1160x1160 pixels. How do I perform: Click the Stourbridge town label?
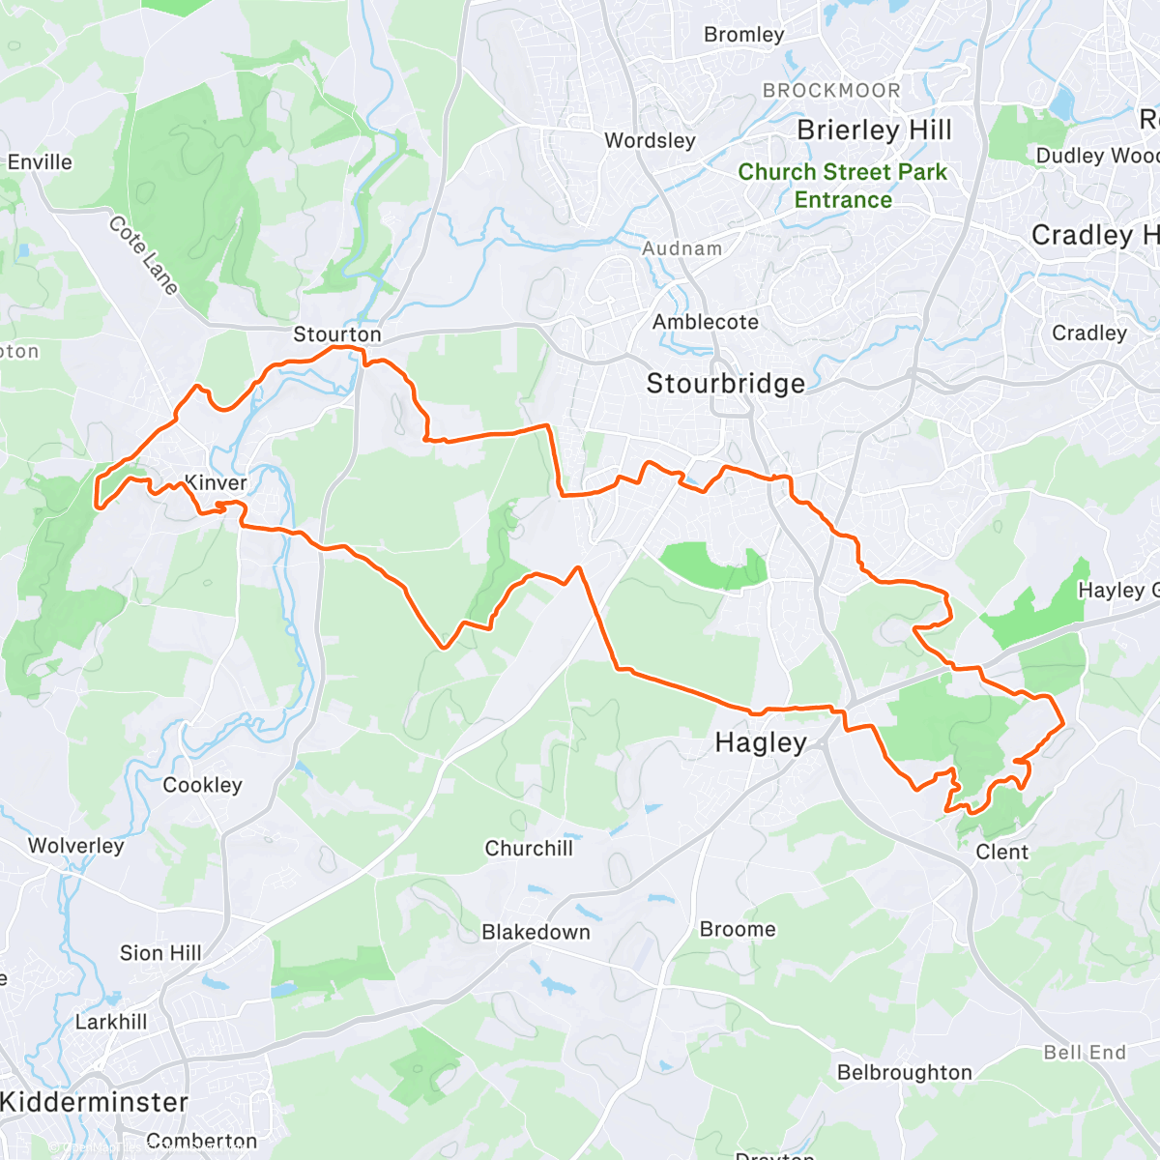pyautogui.click(x=725, y=384)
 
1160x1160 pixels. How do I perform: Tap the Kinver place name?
pyautogui.click(x=216, y=482)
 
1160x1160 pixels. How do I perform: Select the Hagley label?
pyautogui.click(x=761, y=742)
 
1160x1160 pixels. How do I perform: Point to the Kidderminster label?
pyautogui.click(x=95, y=1102)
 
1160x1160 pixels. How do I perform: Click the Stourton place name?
pyautogui.click(x=337, y=334)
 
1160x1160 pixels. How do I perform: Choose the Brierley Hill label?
pyautogui.click(x=874, y=130)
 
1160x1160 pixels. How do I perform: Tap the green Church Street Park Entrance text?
pyautogui.click(x=843, y=186)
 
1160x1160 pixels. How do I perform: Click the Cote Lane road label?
pyautogui.click(x=143, y=255)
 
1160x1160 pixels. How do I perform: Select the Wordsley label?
pyautogui.click(x=650, y=141)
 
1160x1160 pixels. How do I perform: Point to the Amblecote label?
pyautogui.click(x=706, y=322)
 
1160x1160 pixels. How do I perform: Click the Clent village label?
pyautogui.click(x=1002, y=852)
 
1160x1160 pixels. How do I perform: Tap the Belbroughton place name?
pyautogui.click(x=904, y=1073)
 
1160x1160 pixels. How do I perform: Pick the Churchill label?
pyautogui.click(x=529, y=849)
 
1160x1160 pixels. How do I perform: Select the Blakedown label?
pyautogui.click(x=536, y=932)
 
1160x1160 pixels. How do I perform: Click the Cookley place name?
pyautogui.click(x=202, y=785)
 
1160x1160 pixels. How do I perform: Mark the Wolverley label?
pyautogui.click(x=75, y=846)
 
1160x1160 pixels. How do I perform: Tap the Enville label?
pyautogui.click(x=40, y=162)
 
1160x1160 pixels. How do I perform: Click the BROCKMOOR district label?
pyautogui.click(x=831, y=91)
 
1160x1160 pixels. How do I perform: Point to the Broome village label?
pyautogui.click(x=738, y=929)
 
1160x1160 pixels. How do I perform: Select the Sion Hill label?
pyautogui.click(x=160, y=953)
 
